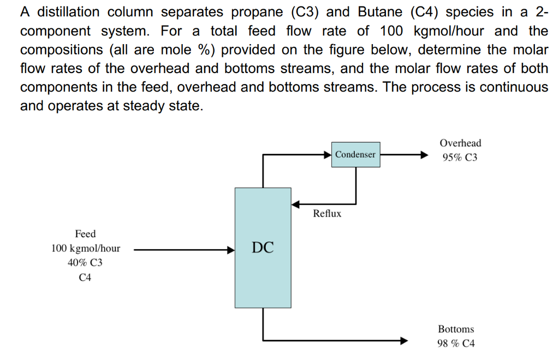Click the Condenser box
click(355, 154)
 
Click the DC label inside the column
click(263, 248)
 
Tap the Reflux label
click(327, 214)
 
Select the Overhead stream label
click(460, 143)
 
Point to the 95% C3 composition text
click(460, 158)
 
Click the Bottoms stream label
click(456, 329)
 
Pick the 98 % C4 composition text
click(456, 344)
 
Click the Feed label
click(85, 234)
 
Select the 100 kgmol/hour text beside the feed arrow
click(86, 249)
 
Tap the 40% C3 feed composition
click(85, 263)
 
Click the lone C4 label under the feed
click(85, 278)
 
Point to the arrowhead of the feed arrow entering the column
click(230, 250)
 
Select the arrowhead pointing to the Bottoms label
click(404, 341)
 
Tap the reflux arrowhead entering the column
click(295, 205)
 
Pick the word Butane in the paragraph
click(380, 12)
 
